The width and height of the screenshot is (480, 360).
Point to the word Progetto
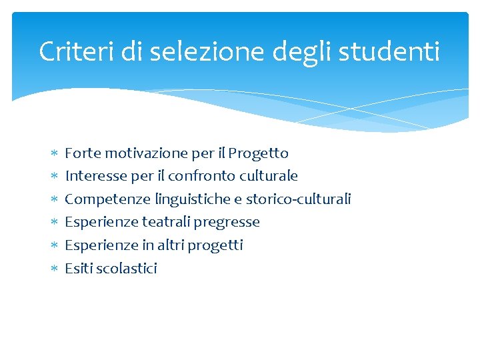tap(258, 153)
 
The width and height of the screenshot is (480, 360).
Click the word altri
tap(171, 245)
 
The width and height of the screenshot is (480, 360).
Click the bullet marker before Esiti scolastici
tap(55, 269)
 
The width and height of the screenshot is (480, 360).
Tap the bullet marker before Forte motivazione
tap(55, 153)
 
